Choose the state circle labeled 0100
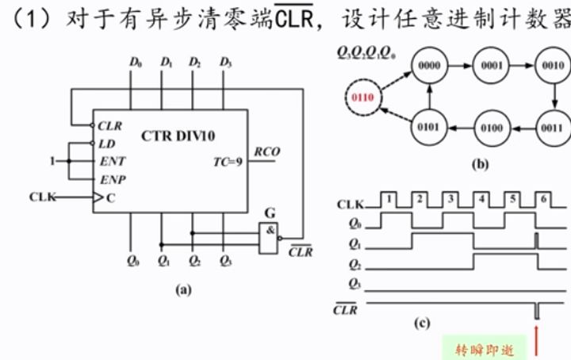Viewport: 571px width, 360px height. point(490,127)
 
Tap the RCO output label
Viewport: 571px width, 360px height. point(266,151)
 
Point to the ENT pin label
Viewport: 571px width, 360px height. point(113,161)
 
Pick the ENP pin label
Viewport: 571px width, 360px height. point(113,179)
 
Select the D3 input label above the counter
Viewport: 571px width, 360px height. point(225,61)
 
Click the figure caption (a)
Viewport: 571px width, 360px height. point(183,290)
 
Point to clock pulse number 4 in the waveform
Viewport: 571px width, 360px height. point(482,196)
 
